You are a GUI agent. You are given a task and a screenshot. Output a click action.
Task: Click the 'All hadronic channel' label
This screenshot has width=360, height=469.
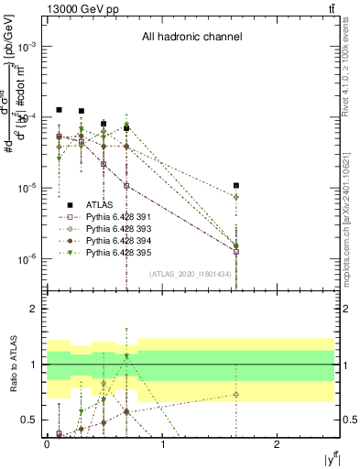(191, 38)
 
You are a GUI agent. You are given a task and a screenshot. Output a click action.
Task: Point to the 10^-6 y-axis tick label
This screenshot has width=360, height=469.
(28, 259)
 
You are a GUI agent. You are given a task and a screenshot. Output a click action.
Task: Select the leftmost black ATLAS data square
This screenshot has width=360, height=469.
(59, 110)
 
